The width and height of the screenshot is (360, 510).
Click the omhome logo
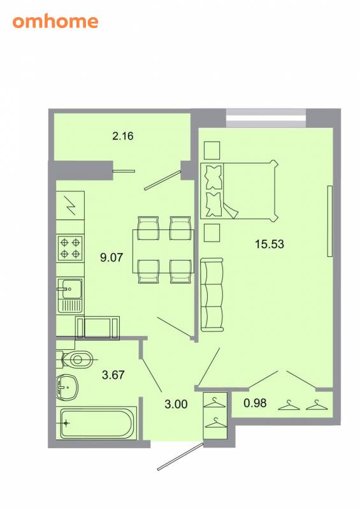pyautogui.click(x=55, y=22)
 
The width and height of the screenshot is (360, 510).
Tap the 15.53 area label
pyautogui.click(x=270, y=244)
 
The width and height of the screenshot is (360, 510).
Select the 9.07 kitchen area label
pyautogui.click(x=112, y=258)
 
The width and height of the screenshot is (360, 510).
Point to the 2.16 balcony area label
pyautogui.click(x=123, y=136)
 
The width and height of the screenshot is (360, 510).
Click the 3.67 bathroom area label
pyautogui.click(x=113, y=375)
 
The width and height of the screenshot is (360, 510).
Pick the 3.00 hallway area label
pyautogui.click(x=176, y=404)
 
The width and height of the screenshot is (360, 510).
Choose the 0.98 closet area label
pyautogui.click(x=255, y=403)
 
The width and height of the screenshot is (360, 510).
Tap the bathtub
pyautogui.click(x=96, y=423)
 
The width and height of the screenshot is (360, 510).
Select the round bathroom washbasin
pyautogui.click(x=67, y=388)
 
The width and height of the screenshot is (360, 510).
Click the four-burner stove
pyautogui.click(x=70, y=248)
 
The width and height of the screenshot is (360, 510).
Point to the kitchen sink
pyautogui.click(x=70, y=295)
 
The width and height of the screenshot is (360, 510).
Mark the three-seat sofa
pyautogui.click(x=212, y=295)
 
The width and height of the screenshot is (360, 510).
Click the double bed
pyautogui.click(x=239, y=191)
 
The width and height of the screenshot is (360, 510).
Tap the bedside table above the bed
pyautogui.click(x=212, y=150)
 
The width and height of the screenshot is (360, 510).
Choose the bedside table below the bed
pyautogui.click(x=212, y=233)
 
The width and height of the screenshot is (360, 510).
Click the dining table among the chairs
pyautogui.click(x=163, y=251)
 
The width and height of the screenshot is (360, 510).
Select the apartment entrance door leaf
pyautogui.click(x=180, y=456)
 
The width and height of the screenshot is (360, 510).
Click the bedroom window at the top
pyautogui.click(x=266, y=119)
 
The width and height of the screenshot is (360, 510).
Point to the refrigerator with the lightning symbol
pyautogui.click(x=70, y=205)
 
